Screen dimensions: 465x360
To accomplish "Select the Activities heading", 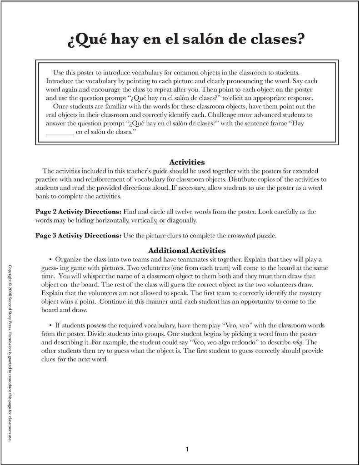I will (x=187, y=162).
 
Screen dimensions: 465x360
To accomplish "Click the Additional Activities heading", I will (x=187, y=250).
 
